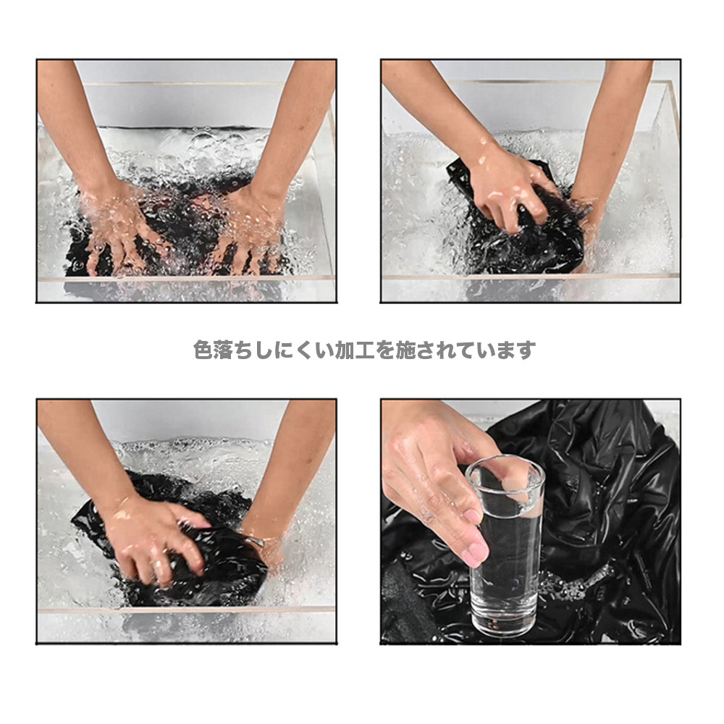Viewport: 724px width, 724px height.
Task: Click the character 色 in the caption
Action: click(x=203, y=350)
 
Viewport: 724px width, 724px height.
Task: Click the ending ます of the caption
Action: click(x=518, y=350)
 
